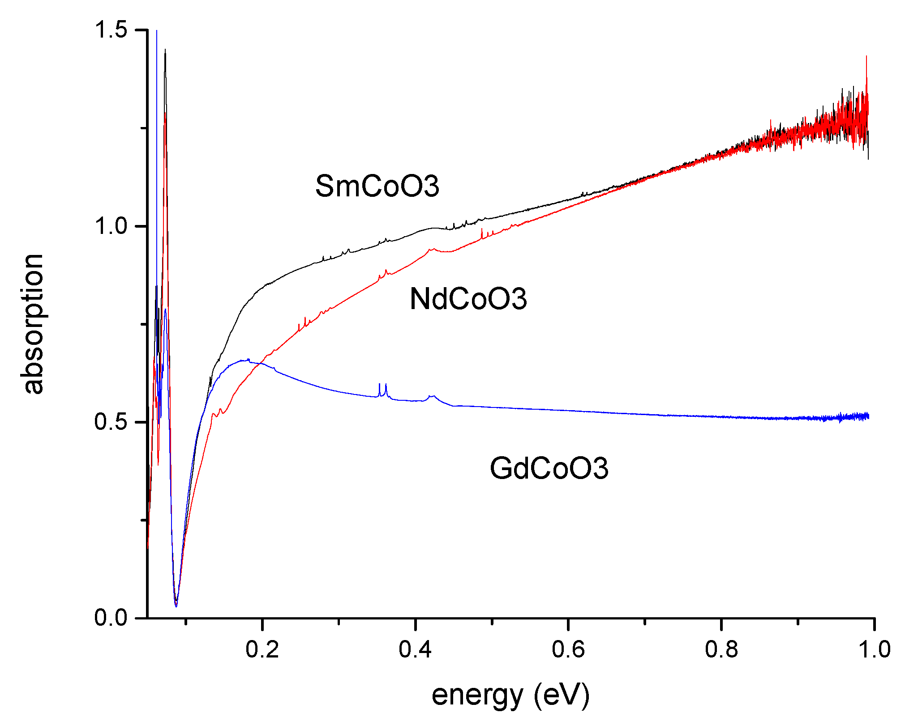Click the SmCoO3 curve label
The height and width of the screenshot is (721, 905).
(x=377, y=186)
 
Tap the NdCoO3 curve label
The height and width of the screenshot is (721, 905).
(x=468, y=299)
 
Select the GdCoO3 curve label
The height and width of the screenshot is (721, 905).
(x=549, y=468)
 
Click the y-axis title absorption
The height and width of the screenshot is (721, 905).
(x=32, y=324)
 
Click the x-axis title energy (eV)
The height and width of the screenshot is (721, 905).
(x=510, y=696)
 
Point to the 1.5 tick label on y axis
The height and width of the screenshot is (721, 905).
(x=111, y=30)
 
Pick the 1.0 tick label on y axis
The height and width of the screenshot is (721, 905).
(x=111, y=226)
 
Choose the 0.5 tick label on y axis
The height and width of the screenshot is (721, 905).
(x=111, y=422)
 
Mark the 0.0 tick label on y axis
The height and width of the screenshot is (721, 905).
(x=111, y=618)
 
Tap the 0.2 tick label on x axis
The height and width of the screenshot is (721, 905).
(x=262, y=649)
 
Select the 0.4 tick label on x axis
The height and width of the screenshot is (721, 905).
(x=416, y=649)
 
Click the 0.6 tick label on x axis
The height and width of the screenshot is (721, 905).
(x=568, y=649)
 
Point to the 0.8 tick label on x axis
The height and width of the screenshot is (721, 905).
(x=721, y=649)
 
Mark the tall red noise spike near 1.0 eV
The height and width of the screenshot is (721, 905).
(x=866, y=58)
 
